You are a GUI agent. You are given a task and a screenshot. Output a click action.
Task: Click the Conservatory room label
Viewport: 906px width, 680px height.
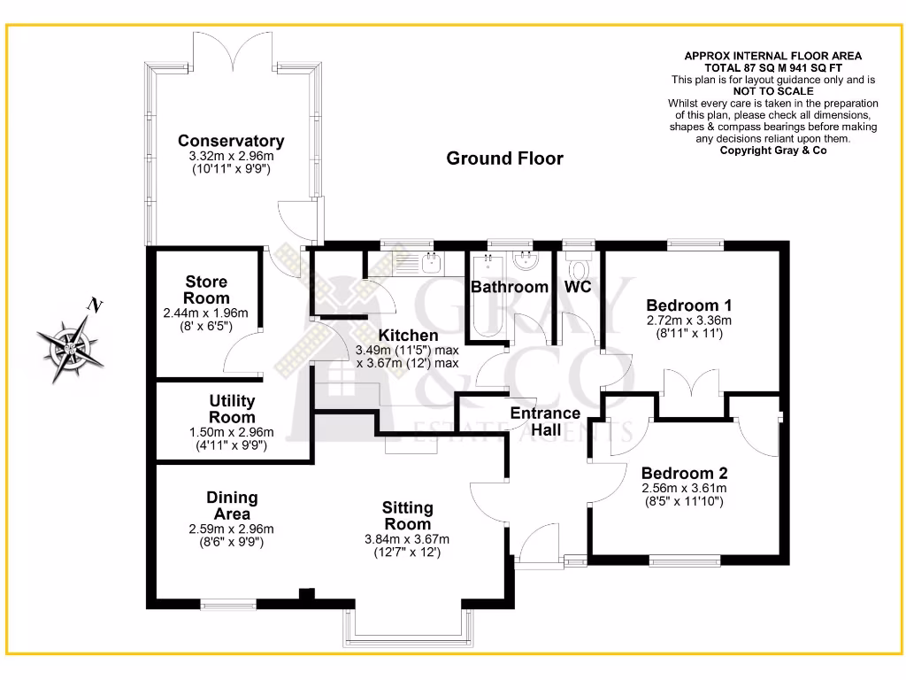pyautogui.click(x=231, y=141)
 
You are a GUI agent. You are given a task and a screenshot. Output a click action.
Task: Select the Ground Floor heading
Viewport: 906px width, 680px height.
pyautogui.click(x=504, y=158)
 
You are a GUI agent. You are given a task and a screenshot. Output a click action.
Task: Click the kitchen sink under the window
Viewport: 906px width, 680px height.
pyautogui.click(x=431, y=262)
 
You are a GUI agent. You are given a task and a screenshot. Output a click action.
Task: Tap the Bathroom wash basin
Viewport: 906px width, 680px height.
pyautogui.click(x=527, y=260)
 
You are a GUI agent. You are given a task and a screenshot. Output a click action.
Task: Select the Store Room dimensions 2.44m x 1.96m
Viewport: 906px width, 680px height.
pyautogui.click(x=206, y=313)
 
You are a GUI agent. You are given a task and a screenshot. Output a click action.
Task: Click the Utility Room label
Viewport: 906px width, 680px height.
pyautogui.click(x=232, y=409)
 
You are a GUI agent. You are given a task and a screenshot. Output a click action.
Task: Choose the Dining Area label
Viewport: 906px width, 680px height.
pyautogui.click(x=232, y=506)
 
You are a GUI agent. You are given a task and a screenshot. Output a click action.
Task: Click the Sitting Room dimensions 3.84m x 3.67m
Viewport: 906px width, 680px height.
pyautogui.click(x=407, y=539)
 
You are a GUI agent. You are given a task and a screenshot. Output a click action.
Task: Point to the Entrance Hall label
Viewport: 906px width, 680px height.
pyautogui.click(x=545, y=421)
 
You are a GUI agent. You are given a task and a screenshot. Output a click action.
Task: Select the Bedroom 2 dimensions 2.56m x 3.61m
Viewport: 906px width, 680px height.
pyautogui.click(x=684, y=489)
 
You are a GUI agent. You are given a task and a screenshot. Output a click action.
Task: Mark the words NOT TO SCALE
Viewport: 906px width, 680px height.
pyautogui.click(x=772, y=91)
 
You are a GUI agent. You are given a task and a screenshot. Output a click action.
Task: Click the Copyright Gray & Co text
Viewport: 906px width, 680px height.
pyautogui.click(x=772, y=150)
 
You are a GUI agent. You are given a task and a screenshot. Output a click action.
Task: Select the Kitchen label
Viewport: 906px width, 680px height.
pyautogui.click(x=408, y=336)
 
